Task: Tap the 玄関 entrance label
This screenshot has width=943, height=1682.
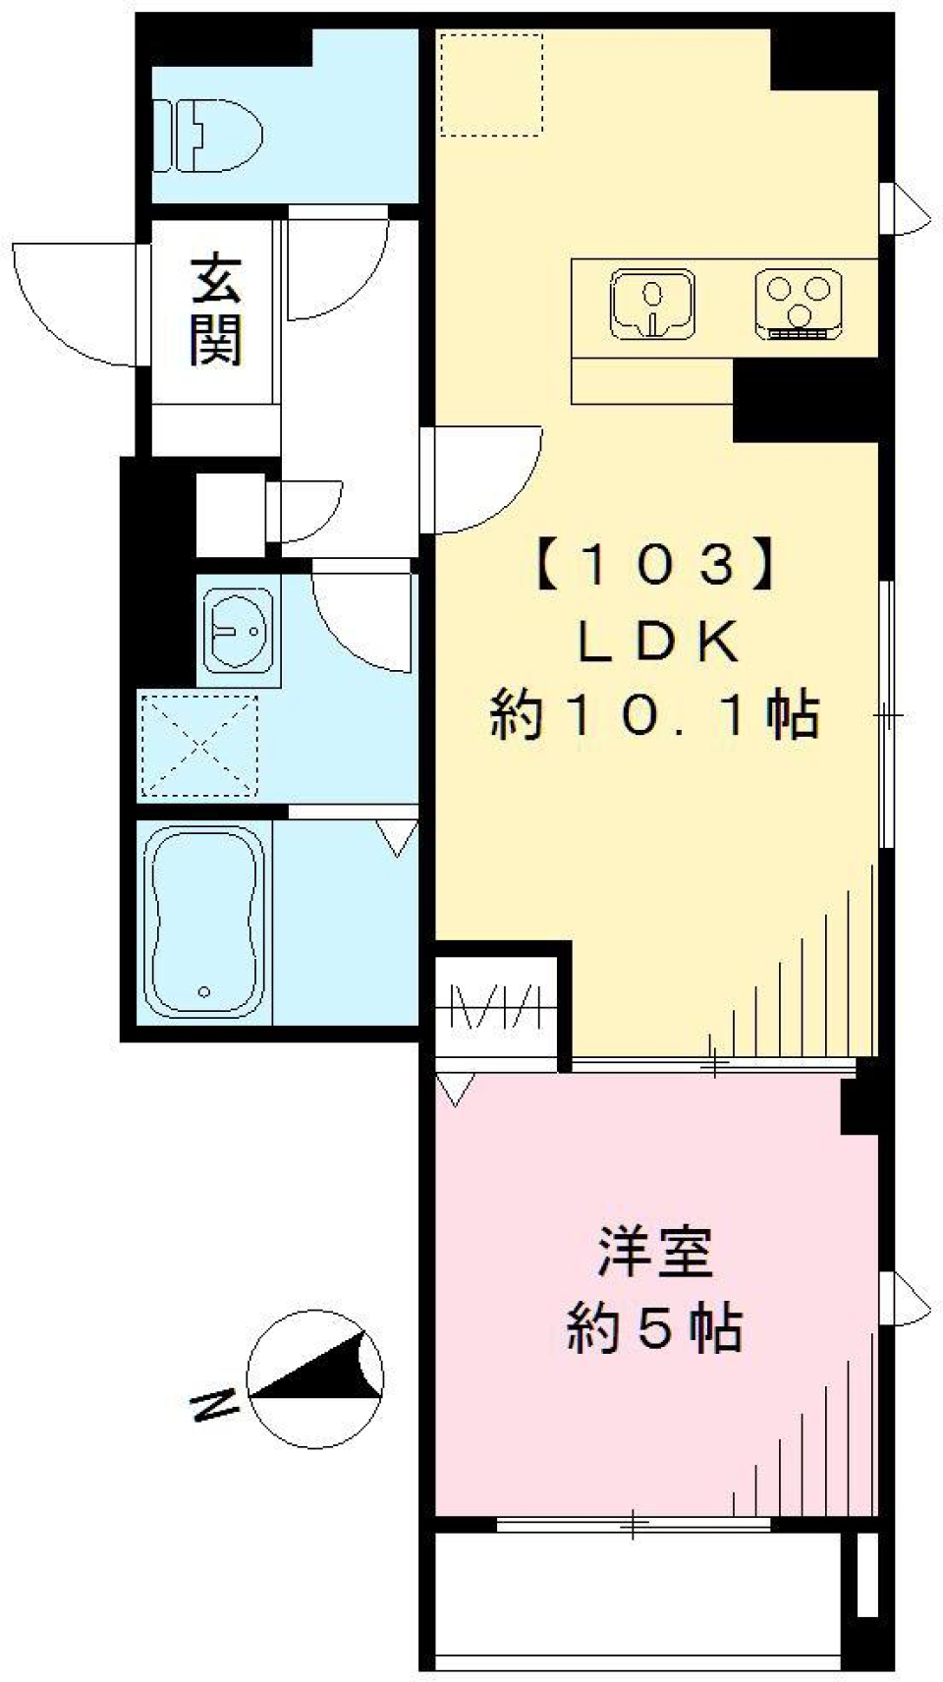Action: [216, 308]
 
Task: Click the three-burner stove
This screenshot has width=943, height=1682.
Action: [797, 303]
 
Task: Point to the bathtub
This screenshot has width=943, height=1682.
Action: [203, 922]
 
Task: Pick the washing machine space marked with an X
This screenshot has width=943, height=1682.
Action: [199, 746]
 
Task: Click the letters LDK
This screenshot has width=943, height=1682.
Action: [656, 643]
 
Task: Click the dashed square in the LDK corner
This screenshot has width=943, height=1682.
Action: [490, 84]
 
